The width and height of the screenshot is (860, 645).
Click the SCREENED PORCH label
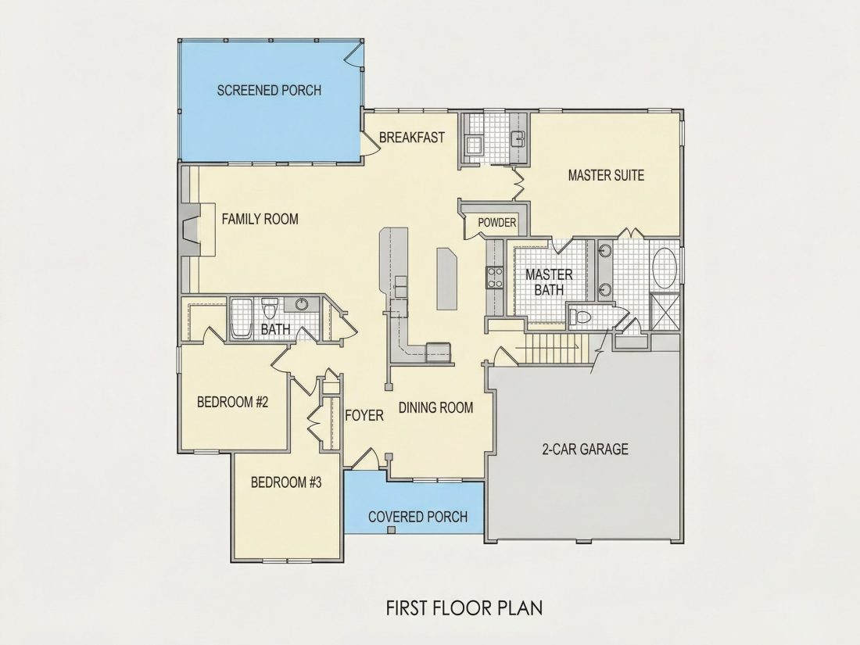269,90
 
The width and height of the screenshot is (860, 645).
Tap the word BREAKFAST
411,137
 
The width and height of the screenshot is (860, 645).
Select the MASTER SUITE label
606,175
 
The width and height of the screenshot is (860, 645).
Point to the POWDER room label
497,223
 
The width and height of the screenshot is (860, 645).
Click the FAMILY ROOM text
260,220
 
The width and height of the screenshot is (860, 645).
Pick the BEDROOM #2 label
232,402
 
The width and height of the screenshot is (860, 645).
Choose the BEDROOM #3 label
285,482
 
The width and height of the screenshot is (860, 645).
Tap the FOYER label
364,416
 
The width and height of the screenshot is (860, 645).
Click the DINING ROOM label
435,407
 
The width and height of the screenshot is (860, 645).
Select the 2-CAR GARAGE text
586,450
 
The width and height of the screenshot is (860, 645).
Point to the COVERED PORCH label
418,517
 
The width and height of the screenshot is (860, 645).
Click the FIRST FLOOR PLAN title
464,608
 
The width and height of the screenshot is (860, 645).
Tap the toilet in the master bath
580,317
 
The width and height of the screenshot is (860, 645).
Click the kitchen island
446,278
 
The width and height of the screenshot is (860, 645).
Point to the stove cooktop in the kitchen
495,277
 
